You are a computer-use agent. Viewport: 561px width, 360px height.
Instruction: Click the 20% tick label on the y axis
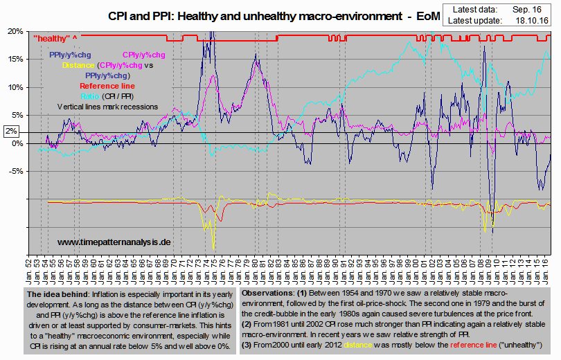[x=14, y=31]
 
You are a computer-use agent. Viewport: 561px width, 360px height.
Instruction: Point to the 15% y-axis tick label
[x=14, y=59]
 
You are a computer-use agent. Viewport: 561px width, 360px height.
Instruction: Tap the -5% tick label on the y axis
[x=15, y=171]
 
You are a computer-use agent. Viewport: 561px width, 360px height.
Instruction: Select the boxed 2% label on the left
[x=11, y=131]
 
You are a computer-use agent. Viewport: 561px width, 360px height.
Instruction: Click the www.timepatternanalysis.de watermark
[x=114, y=242]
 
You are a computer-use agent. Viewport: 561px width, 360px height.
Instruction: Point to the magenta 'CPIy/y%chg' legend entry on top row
[x=144, y=55]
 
